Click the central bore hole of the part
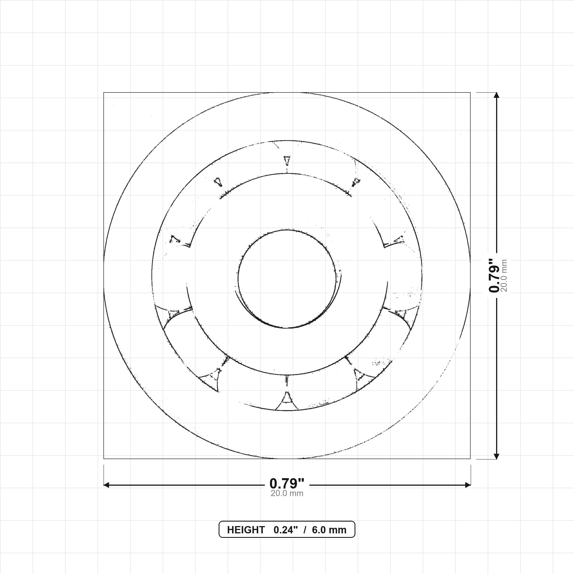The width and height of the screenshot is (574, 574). pyautogui.click(x=287, y=279)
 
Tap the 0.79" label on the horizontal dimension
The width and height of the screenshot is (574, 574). pyautogui.click(x=287, y=484)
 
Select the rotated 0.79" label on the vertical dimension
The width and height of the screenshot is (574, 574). pyautogui.click(x=494, y=276)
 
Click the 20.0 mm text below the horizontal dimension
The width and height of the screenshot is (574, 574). pyautogui.click(x=287, y=494)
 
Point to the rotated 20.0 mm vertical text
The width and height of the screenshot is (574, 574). pyautogui.click(x=504, y=276)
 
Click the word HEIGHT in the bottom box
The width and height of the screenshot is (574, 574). pyautogui.click(x=246, y=530)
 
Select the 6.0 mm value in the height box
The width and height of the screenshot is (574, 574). pyautogui.click(x=329, y=530)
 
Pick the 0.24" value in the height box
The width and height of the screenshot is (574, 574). pyautogui.click(x=286, y=530)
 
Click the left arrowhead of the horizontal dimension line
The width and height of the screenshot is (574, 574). pyautogui.click(x=106, y=485)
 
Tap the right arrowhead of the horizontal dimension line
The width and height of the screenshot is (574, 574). pyautogui.click(x=468, y=485)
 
